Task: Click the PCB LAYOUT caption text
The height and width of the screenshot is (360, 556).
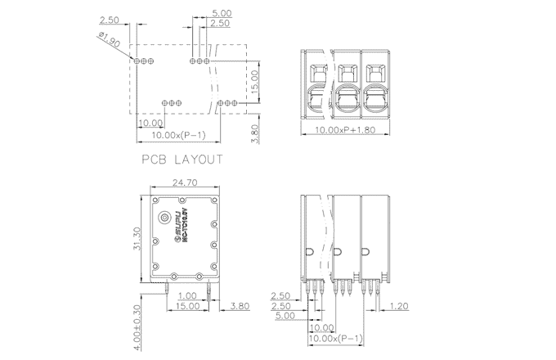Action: [x=182, y=160]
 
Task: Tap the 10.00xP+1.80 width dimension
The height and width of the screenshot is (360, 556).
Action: [x=346, y=130]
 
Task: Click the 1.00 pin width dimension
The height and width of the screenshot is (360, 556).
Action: [x=186, y=296]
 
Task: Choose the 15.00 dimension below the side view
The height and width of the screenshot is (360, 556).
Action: [x=186, y=306]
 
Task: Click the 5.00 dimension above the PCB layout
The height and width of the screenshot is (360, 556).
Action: [x=221, y=14]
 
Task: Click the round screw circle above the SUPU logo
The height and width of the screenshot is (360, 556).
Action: [x=167, y=218]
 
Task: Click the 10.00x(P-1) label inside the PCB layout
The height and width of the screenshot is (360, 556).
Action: [x=178, y=135]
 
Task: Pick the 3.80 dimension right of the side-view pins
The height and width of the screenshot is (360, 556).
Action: [x=240, y=306]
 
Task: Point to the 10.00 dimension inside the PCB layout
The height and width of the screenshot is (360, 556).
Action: [x=150, y=123]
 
